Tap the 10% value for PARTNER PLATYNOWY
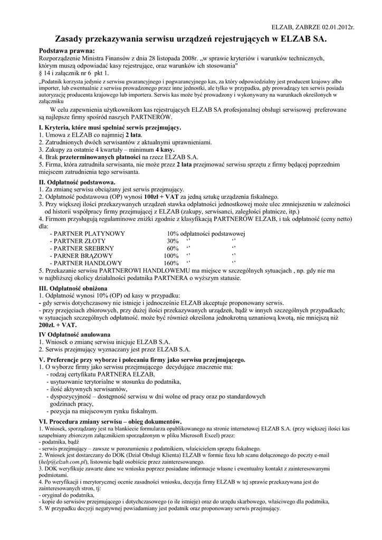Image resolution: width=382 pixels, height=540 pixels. point(173,234)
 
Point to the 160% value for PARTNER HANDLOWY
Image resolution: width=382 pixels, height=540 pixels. point(171,263)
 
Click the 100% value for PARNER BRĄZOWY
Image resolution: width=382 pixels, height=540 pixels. point(171,256)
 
